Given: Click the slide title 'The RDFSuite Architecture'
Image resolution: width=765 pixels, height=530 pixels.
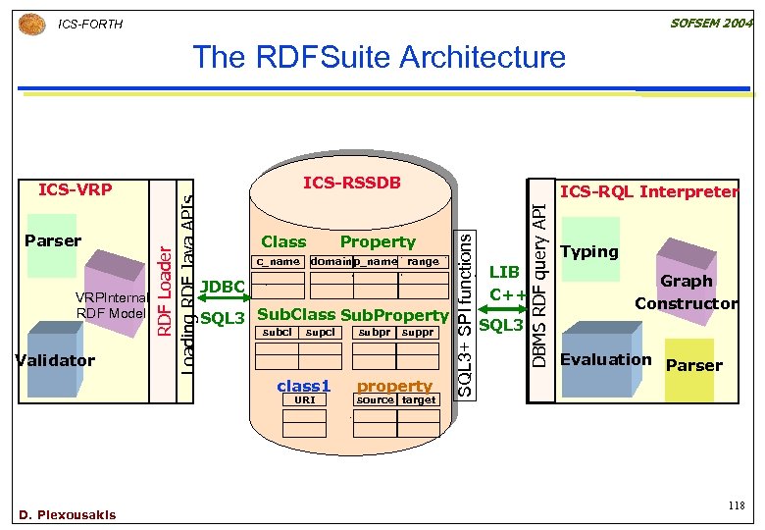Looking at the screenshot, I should tap(380, 57).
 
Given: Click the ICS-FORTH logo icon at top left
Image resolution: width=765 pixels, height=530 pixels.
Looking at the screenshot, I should tap(31, 23).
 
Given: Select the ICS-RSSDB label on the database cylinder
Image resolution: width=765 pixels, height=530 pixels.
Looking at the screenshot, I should tap(352, 183).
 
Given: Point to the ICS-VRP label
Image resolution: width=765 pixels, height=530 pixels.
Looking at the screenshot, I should tap(75, 189).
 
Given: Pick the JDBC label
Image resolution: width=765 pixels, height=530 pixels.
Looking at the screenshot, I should tap(222, 287).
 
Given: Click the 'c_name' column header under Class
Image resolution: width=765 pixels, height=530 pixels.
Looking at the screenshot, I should tap(278, 262).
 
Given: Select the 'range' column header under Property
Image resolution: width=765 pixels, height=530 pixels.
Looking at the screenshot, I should tap(423, 262).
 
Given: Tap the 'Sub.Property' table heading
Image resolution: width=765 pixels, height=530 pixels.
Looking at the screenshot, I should tap(394, 315).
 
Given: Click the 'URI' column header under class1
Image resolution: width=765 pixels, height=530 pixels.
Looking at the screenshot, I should tap(304, 400).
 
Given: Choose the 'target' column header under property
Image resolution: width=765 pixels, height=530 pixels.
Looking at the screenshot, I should tap(419, 400).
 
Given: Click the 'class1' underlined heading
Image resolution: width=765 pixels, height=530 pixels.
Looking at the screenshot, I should tap(303, 386).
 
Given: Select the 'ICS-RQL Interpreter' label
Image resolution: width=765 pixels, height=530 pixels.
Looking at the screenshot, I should tap(648, 192).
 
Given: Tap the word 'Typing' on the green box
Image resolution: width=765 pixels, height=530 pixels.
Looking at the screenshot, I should tap(588, 251).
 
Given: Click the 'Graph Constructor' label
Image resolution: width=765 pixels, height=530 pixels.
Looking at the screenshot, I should tap(686, 292).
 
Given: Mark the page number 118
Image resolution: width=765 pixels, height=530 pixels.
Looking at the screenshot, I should tap(736, 504).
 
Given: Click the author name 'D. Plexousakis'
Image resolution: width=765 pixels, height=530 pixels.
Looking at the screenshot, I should tap(67, 514).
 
